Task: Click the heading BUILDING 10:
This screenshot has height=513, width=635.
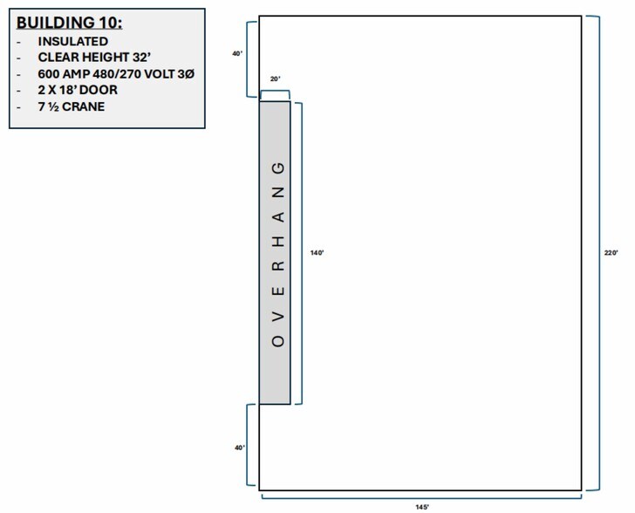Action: click(x=69, y=23)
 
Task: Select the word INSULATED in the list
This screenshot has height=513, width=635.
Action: click(x=73, y=41)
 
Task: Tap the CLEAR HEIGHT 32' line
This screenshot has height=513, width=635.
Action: click(x=94, y=58)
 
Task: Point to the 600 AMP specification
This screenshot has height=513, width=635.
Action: click(x=116, y=74)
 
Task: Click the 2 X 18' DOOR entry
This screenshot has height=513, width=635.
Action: click(x=78, y=90)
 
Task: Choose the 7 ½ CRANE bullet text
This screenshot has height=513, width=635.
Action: click(x=72, y=106)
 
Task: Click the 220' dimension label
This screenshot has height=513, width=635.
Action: click(x=611, y=253)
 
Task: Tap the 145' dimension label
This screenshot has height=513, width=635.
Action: click(x=422, y=507)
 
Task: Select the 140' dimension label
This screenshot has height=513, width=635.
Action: click(x=317, y=253)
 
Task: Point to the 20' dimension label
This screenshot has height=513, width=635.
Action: click(x=276, y=79)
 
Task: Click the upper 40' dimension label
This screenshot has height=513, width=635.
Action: click(x=237, y=53)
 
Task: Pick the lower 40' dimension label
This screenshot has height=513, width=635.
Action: click(x=240, y=448)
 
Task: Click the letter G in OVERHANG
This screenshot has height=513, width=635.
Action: click(x=278, y=168)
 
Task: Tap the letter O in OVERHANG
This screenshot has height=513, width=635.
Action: click(x=278, y=341)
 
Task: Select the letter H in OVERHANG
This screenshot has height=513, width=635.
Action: click(x=278, y=242)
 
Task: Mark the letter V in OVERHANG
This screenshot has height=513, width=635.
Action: click(x=278, y=316)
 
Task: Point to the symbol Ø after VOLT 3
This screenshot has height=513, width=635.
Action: click(x=190, y=74)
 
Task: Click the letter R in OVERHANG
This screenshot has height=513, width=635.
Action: click(x=278, y=266)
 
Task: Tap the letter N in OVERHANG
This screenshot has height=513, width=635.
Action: click(x=278, y=192)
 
